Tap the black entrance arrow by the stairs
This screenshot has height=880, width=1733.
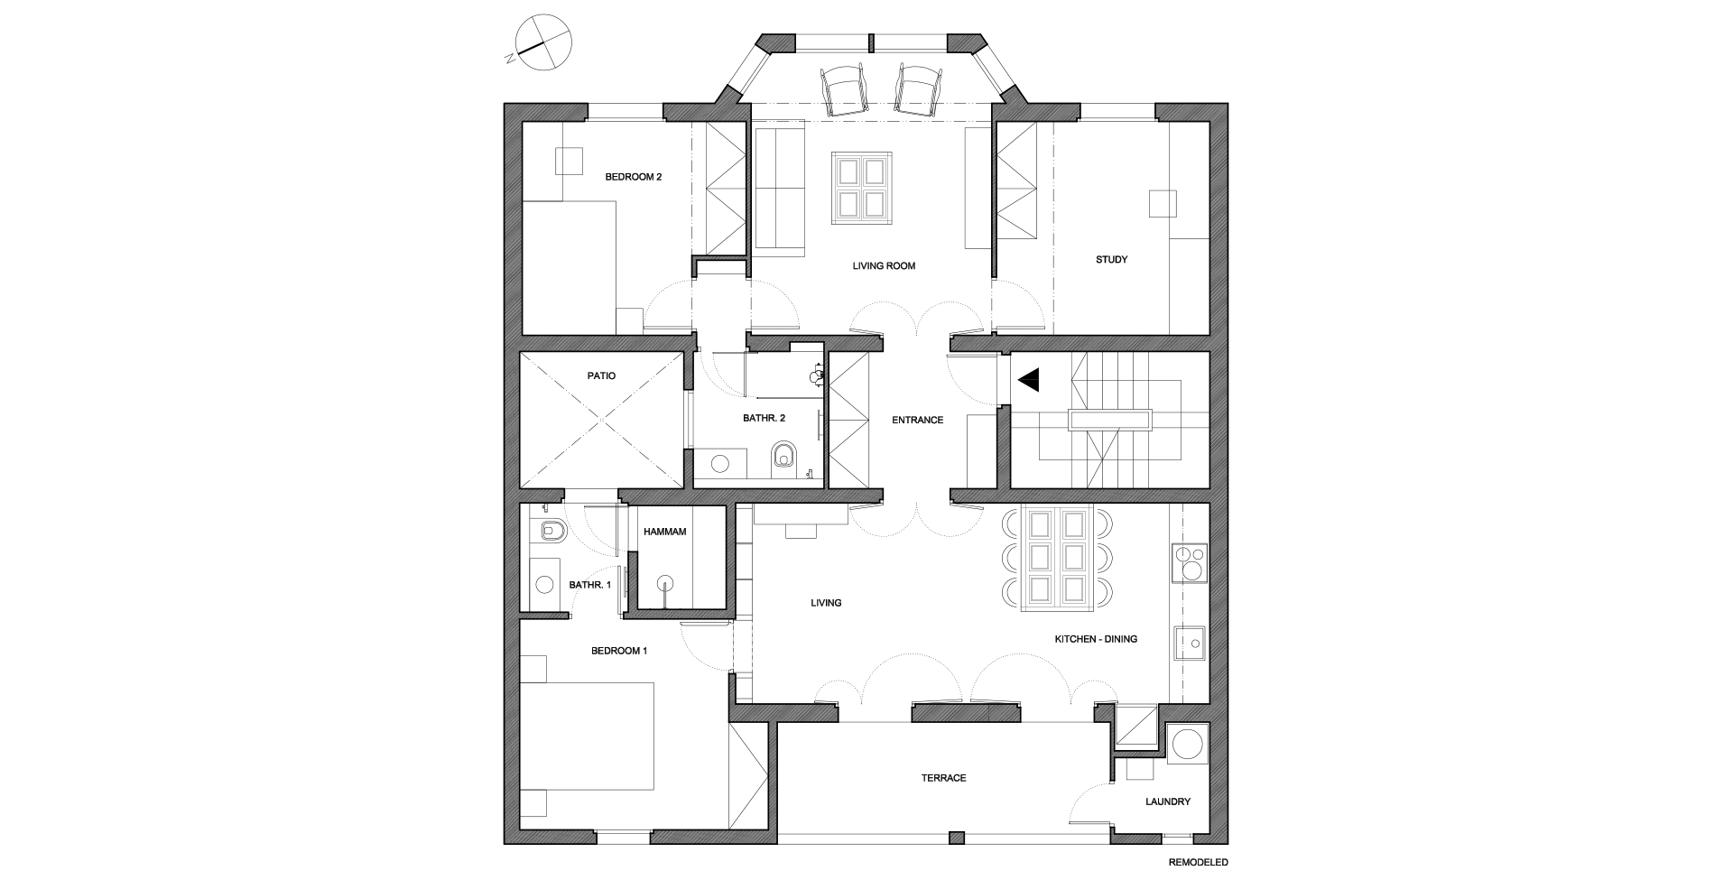[x=1030, y=380]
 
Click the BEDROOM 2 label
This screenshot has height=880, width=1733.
[x=633, y=177]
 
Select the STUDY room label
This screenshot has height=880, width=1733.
[x=1111, y=260]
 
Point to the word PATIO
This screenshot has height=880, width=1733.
[x=601, y=375]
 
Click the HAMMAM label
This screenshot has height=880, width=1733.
[x=664, y=532]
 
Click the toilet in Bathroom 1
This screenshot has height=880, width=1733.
[x=549, y=531]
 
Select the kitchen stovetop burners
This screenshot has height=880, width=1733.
[x=1189, y=563]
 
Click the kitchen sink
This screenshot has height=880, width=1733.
[x=1190, y=644]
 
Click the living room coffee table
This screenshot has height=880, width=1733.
[x=862, y=187]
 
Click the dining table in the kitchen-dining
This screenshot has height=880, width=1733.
[x=1056, y=557]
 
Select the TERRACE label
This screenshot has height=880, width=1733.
[x=943, y=778]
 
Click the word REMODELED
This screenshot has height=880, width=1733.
[x=1198, y=862]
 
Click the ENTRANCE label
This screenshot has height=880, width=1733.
[x=917, y=420]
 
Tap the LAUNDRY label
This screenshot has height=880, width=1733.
[x=1167, y=801]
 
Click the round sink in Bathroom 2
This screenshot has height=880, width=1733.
[x=720, y=464]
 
